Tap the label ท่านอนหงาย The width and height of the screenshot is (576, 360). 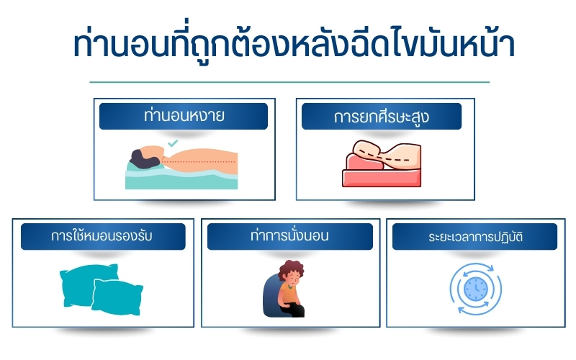183,116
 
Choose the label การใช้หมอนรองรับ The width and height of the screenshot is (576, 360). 103,236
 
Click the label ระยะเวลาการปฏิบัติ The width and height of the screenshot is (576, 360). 474,236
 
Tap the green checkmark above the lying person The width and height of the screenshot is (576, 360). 172,144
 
